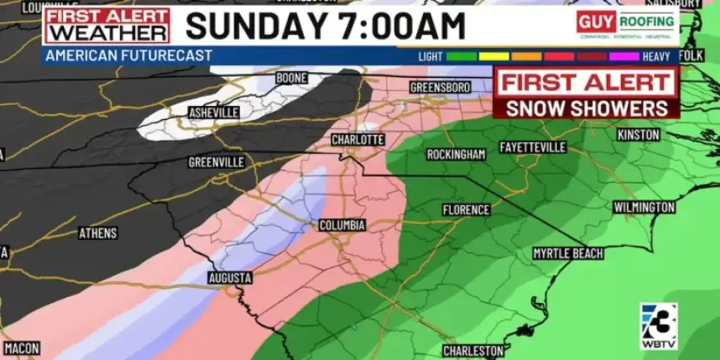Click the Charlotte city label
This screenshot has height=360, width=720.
click(358, 140)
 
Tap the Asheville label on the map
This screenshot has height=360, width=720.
click(214, 112)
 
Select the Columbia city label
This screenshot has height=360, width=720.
click(343, 225)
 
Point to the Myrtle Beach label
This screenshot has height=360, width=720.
click(568, 253)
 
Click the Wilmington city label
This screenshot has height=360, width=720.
click(644, 207)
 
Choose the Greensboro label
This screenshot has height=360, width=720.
click(440, 87)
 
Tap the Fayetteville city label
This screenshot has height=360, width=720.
click(533, 147)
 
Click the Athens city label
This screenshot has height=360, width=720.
click(98, 233)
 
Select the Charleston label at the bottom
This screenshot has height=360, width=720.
click(473, 351)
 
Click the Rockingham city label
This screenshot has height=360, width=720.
click(456, 155)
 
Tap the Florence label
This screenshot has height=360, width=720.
click(466, 210)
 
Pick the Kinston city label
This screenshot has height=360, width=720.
click(638, 135)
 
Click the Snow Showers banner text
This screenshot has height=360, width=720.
click(586, 108)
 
